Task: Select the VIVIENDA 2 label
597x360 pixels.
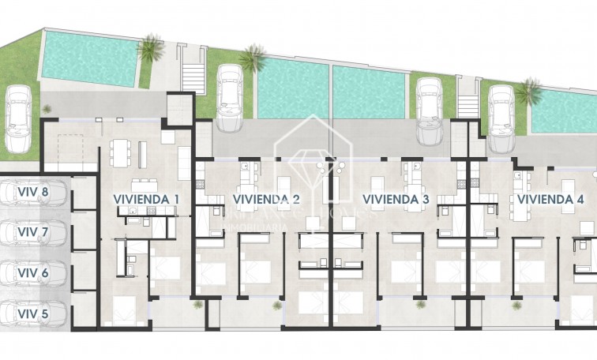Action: click(x=266, y=199)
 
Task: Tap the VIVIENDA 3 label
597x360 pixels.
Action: click(x=395, y=199)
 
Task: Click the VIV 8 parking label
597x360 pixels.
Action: click(x=33, y=191)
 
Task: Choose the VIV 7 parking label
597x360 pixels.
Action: click(x=33, y=232)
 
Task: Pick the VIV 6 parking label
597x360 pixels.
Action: click(x=33, y=273)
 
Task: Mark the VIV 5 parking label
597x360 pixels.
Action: click(x=33, y=314)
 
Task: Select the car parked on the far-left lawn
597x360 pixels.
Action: click(x=17, y=120)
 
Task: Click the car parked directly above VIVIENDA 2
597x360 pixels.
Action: click(x=229, y=98)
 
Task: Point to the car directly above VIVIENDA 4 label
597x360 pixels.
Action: click(x=500, y=118)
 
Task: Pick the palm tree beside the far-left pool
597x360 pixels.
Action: click(x=148, y=49)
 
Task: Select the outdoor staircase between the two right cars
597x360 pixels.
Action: click(x=467, y=106)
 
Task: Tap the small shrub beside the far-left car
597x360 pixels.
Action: click(x=47, y=108)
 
